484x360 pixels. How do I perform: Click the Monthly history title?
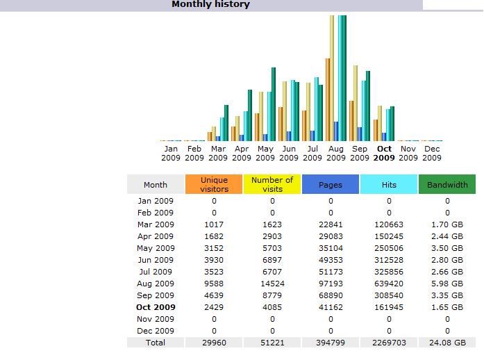pyautogui.click(x=210, y=5)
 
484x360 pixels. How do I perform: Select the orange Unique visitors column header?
pyautogui.click(x=214, y=184)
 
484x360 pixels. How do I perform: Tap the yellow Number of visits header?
pyautogui.click(x=272, y=184)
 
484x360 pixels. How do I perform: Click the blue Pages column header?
pyautogui.click(x=331, y=185)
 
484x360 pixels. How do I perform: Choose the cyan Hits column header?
pyautogui.click(x=389, y=185)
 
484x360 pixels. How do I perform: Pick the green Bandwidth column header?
pyautogui.click(x=447, y=185)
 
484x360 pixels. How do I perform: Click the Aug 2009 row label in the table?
pyautogui.click(x=156, y=284)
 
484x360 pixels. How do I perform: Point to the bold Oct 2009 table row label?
pyautogui.click(x=156, y=307)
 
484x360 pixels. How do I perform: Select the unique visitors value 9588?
pyautogui.click(x=214, y=284)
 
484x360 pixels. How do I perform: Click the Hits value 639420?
pyautogui.click(x=389, y=284)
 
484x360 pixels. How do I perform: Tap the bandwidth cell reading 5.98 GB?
pyautogui.click(x=447, y=284)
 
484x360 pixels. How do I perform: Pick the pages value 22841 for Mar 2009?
pyautogui.click(x=331, y=224)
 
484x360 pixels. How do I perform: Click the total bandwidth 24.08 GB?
pyautogui.click(x=447, y=343)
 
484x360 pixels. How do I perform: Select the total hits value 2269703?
pyautogui.click(x=389, y=343)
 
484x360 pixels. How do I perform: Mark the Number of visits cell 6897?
pyautogui.click(x=272, y=260)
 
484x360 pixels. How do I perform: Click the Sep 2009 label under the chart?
pyautogui.click(x=360, y=153)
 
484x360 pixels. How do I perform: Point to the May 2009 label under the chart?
pyautogui.click(x=265, y=153)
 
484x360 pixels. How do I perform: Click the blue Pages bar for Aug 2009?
pyautogui.click(x=336, y=131)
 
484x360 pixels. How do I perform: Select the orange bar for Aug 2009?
pyautogui.click(x=327, y=100)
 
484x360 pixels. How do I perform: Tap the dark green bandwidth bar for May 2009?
pyautogui.click(x=274, y=104)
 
